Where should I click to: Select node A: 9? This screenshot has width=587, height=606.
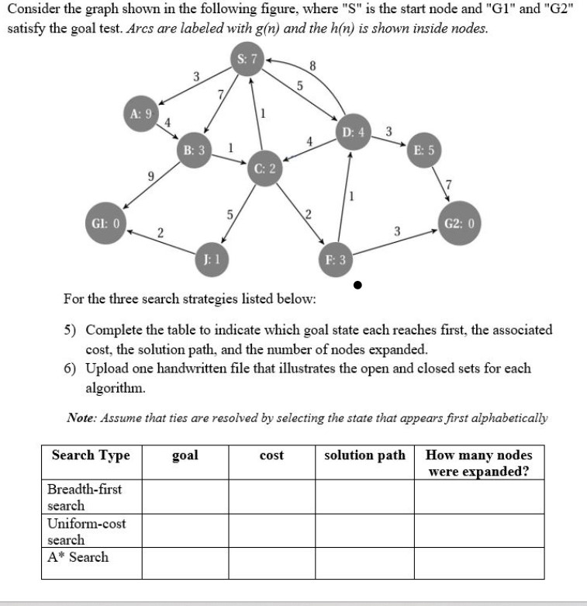[140, 113]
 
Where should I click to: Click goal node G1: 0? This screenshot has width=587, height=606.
[106, 223]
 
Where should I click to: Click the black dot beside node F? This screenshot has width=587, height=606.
[357, 285]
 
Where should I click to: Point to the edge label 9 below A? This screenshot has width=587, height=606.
[142, 177]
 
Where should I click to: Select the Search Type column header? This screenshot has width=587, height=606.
[91, 455]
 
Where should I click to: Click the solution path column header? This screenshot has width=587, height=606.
[364, 455]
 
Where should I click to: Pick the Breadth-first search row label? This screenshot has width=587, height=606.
[85, 497]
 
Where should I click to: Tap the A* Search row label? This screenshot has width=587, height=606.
[78, 557]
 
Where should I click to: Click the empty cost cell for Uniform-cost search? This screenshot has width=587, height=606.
[271, 532]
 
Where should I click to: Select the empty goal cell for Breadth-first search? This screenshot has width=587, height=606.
[185, 497]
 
